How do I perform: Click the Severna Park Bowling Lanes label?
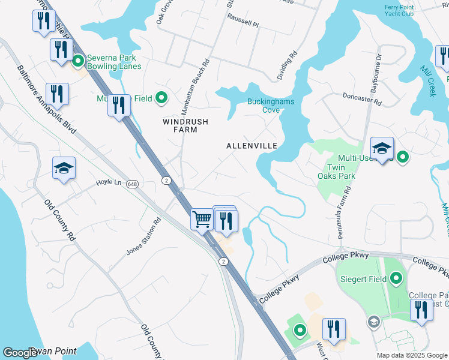[x=113, y=62]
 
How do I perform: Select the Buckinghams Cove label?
[x=270, y=106]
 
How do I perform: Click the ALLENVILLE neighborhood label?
[x=252, y=146]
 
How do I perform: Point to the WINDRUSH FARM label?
[x=185, y=125]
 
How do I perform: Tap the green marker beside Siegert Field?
[x=396, y=278]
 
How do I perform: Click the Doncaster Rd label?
[x=361, y=99]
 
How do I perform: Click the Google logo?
[x=20, y=353]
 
